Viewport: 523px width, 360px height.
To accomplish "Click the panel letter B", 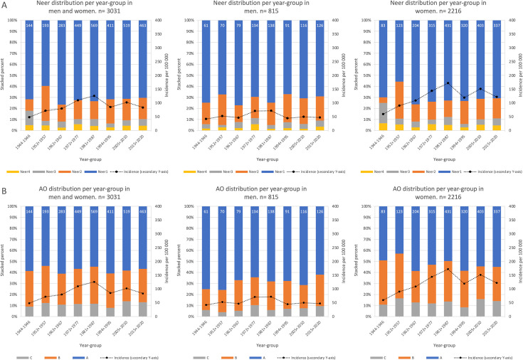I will coord(4,187).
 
